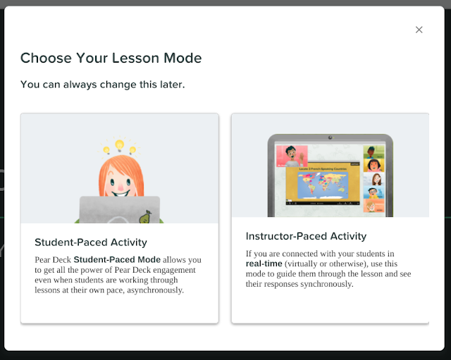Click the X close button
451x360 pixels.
[419, 30]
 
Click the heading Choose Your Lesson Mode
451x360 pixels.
[111, 58]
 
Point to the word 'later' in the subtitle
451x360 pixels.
[170, 85]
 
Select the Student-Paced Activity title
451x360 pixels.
[91, 242]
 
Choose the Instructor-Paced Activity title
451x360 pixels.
[306, 236]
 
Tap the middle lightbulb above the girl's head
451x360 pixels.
[119, 145]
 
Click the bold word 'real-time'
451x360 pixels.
[264, 263]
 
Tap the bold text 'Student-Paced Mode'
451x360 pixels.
[117, 259]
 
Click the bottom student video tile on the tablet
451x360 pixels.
[374, 206]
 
